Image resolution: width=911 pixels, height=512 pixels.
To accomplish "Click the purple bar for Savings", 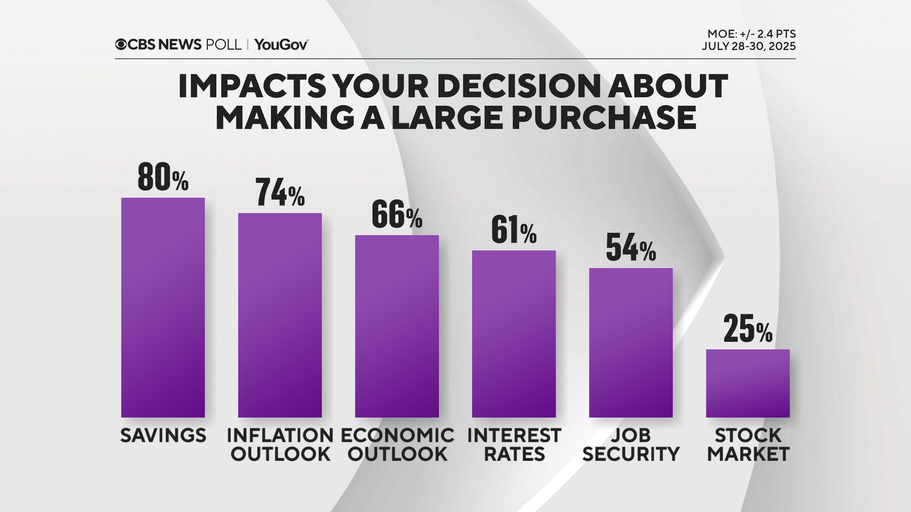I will pyautogui.click(x=163, y=307).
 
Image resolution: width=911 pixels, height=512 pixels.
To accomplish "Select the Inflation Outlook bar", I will pyautogui.click(x=280, y=315).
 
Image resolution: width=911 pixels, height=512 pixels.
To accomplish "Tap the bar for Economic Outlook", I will pyautogui.click(x=397, y=326).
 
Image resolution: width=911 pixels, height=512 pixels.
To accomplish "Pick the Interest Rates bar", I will pyautogui.click(x=514, y=334).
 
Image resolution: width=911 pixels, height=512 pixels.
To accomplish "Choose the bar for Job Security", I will pyautogui.click(x=631, y=342).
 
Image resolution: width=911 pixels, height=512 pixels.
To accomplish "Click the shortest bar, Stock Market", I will pyautogui.click(x=748, y=383).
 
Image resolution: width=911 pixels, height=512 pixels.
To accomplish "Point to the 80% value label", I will pyautogui.click(x=163, y=177).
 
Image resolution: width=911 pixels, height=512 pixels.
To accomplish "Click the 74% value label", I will pyautogui.click(x=280, y=193).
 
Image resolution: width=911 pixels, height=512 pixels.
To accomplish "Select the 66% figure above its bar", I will pyautogui.click(x=397, y=215).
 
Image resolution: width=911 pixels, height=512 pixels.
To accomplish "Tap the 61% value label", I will pyautogui.click(x=514, y=230).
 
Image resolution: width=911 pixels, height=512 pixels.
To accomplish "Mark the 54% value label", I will pyautogui.click(x=631, y=248).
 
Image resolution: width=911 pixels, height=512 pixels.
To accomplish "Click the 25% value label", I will pyautogui.click(x=748, y=329).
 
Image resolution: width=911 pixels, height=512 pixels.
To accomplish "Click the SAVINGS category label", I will pyautogui.click(x=163, y=436).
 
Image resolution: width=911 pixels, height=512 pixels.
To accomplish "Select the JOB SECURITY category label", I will pyautogui.click(x=631, y=445).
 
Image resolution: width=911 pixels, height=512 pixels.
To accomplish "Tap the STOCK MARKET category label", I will pyautogui.click(x=748, y=445).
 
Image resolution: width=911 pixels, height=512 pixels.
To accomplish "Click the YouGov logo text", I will pyautogui.click(x=281, y=44).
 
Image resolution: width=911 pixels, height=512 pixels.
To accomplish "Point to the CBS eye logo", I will pyautogui.click(x=121, y=44).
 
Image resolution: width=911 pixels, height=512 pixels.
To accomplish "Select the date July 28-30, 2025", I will pyautogui.click(x=749, y=47).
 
